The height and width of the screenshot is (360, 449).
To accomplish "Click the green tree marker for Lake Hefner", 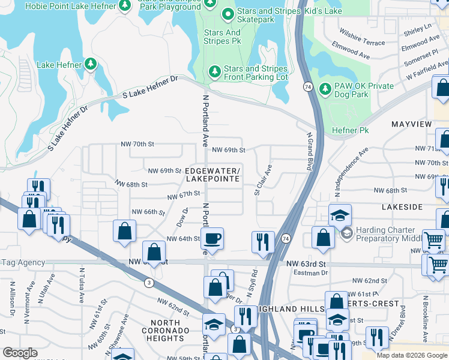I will pyautogui.click(x=91, y=64).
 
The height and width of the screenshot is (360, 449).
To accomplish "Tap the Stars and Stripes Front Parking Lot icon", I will pyautogui.click(x=214, y=73).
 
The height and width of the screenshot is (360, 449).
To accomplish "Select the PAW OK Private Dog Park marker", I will pyautogui.click(x=325, y=89).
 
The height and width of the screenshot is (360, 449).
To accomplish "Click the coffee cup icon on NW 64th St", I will pyautogui.click(x=212, y=239).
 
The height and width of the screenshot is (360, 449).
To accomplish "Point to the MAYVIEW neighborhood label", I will pyautogui.click(x=411, y=124).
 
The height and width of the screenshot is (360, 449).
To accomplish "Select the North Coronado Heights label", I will pyautogui.click(x=169, y=331).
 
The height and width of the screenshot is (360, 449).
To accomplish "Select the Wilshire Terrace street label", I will pyautogui.click(x=362, y=43).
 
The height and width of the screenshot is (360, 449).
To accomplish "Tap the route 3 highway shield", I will pyautogui.click(x=148, y=282).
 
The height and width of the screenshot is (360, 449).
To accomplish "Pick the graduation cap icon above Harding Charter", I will pyautogui.click(x=340, y=215).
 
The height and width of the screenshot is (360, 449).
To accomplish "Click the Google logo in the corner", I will pyautogui.click(x=20, y=353).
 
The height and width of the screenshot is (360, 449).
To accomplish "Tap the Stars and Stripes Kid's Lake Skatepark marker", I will pyautogui.click(x=228, y=14).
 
